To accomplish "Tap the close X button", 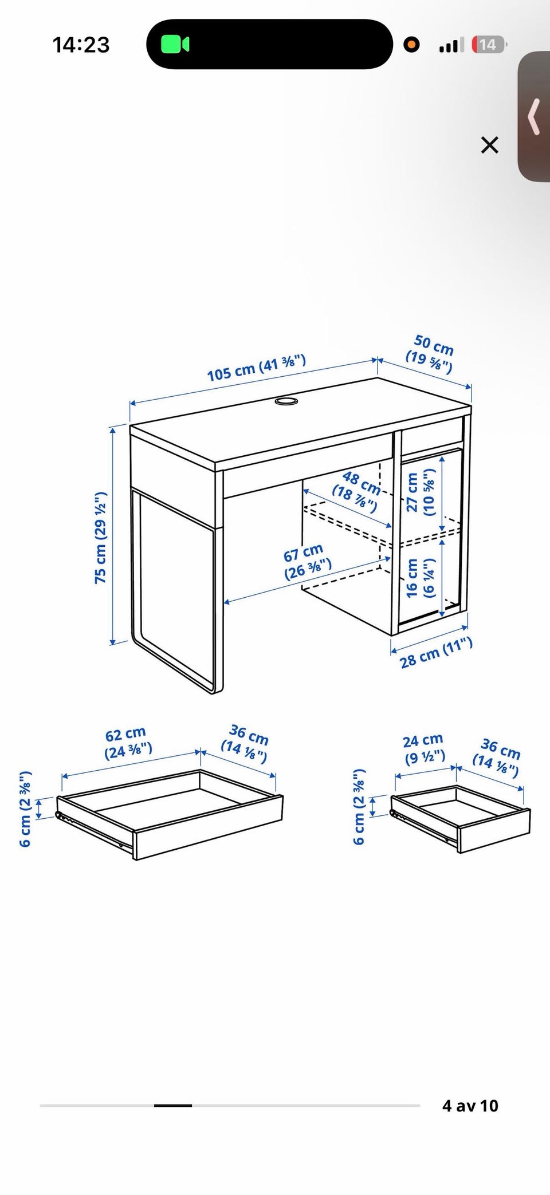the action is point(490,145).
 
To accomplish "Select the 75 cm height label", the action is point(101,537).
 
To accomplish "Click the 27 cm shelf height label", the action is point(421,493).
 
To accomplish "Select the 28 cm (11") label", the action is point(437,653).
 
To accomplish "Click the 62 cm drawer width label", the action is point(128,743).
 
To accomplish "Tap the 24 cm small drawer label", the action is point(424,750).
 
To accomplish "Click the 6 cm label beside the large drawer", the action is point(25,809).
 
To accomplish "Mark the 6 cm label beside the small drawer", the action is point(359,806).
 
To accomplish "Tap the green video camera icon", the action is point(175,44).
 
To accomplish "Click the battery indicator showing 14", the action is point(488,45).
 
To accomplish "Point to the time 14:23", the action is point(81,45).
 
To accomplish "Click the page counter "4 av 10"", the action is point(470,1105).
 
